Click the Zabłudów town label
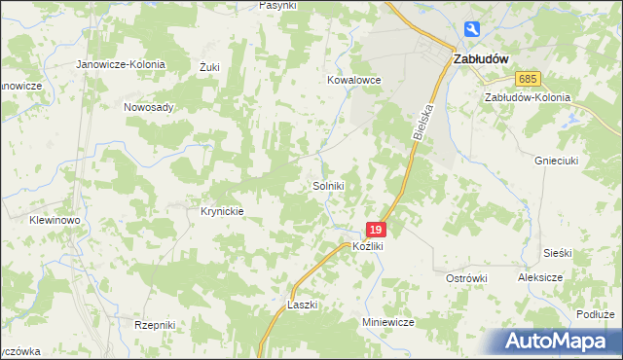click(482, 58)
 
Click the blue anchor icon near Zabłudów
click(473, 30)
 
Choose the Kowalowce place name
click(353, 81)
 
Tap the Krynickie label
click(221, 210)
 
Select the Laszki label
click(303, 305)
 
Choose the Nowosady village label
click(148, 107)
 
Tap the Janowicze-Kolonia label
click(122, 64)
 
